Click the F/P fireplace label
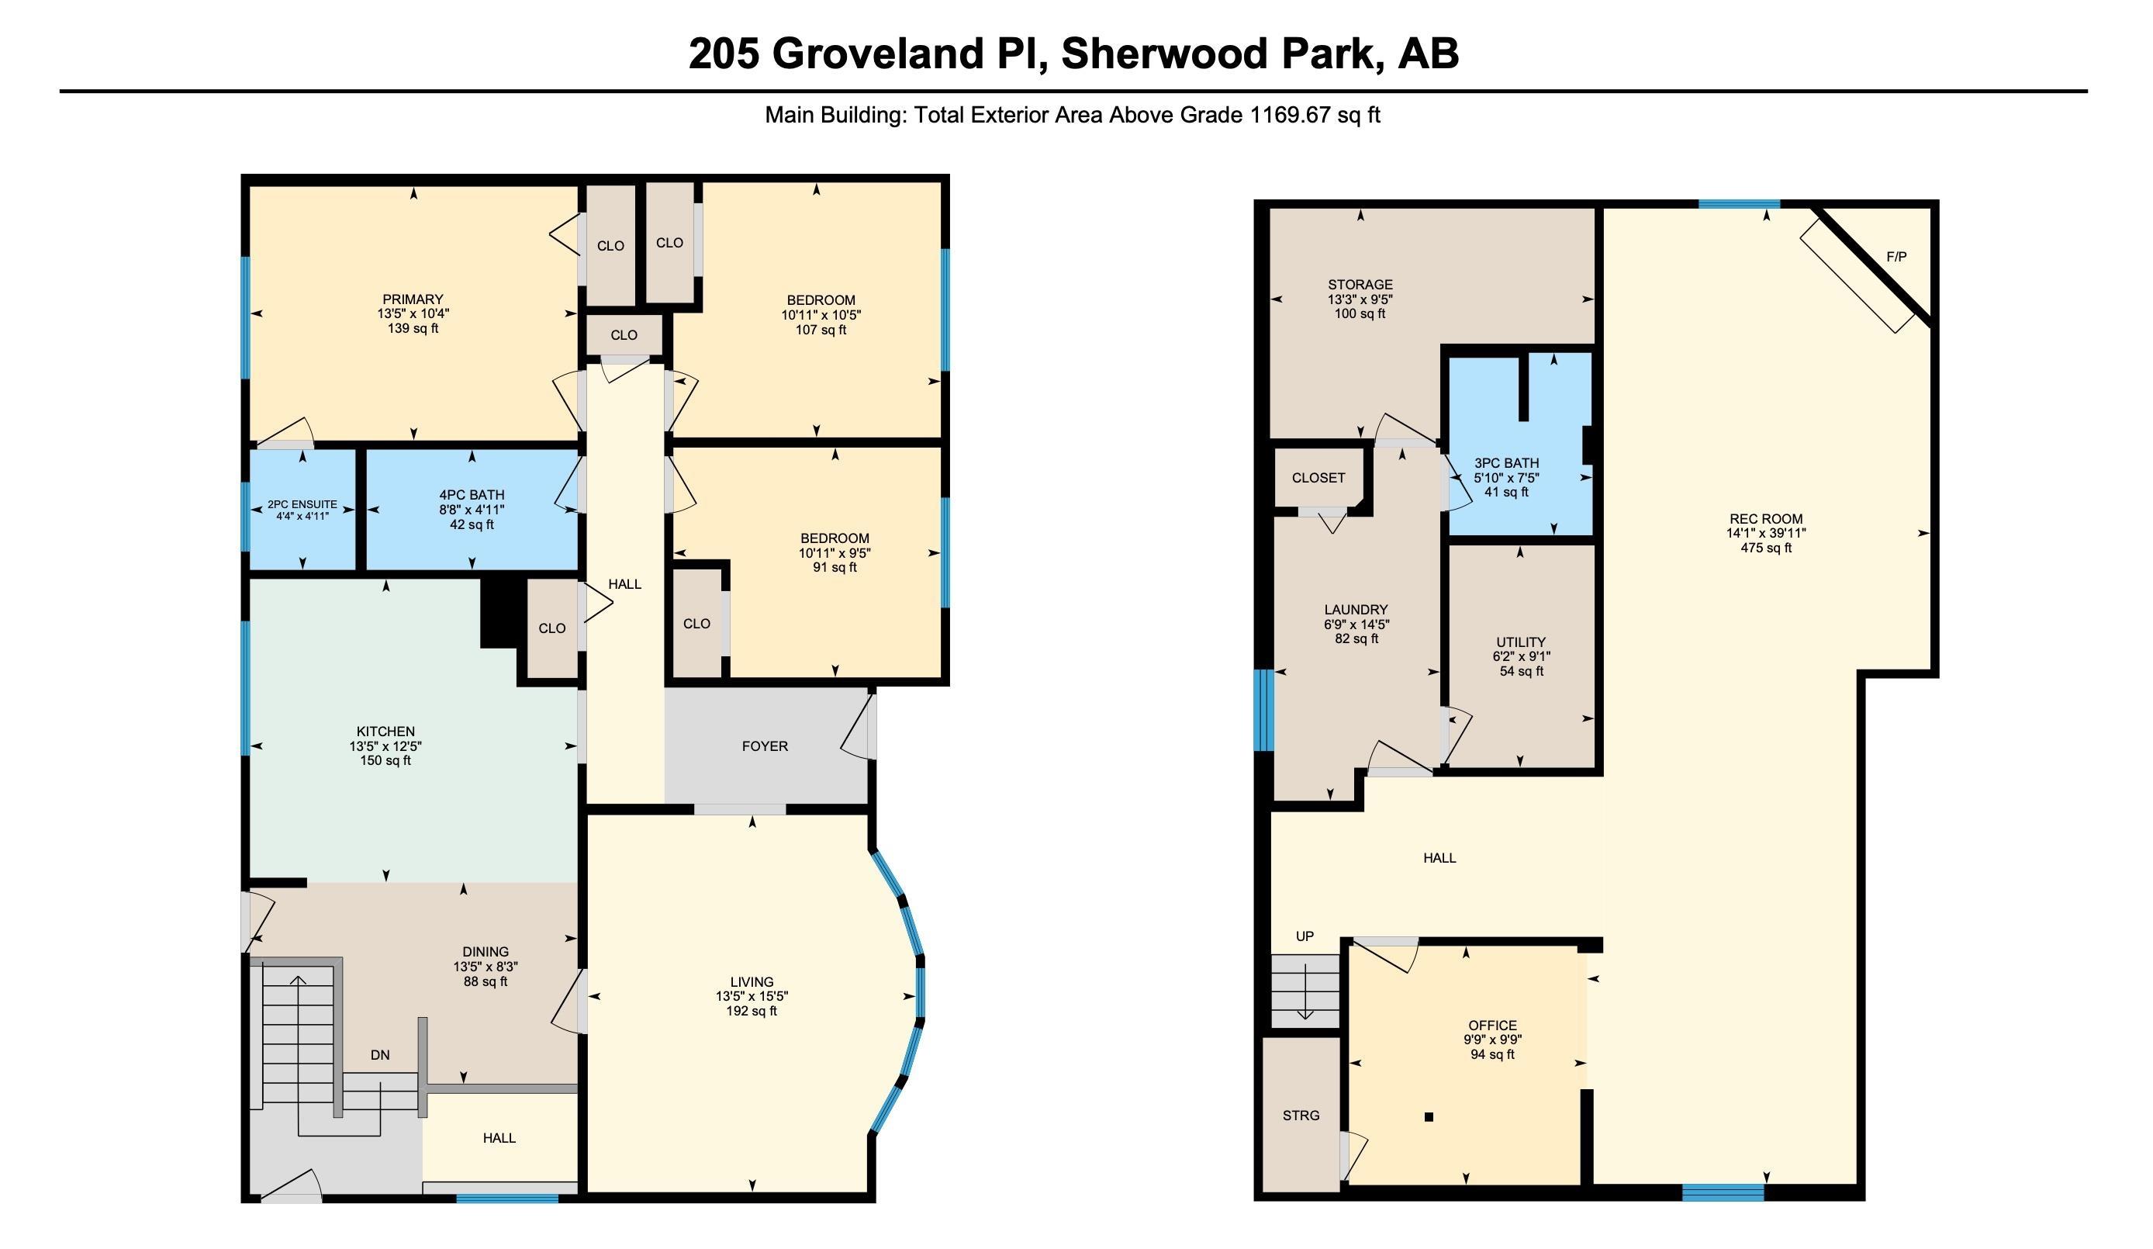pos(1896,256)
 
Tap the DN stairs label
pos(380,1055)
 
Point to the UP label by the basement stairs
pos(1305,936)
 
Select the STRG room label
pos(1301,1115)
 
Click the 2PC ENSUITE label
pos(302,504)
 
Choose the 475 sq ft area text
pos(1766,548)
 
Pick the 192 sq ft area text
pos(752,1011)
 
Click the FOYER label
pos(765,746)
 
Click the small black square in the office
pos(1429,1116)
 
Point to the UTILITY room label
pos(1521,642)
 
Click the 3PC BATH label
pos(1506,463)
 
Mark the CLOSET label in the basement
pos(1318,478)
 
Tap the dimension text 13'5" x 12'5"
pos(385,746)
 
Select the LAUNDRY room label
pos(1356,609)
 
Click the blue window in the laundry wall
pos(1263,710)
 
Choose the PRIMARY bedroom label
pos(413,299)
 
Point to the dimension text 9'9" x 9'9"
pos(1492,1040)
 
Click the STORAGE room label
pos(1360,285)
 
